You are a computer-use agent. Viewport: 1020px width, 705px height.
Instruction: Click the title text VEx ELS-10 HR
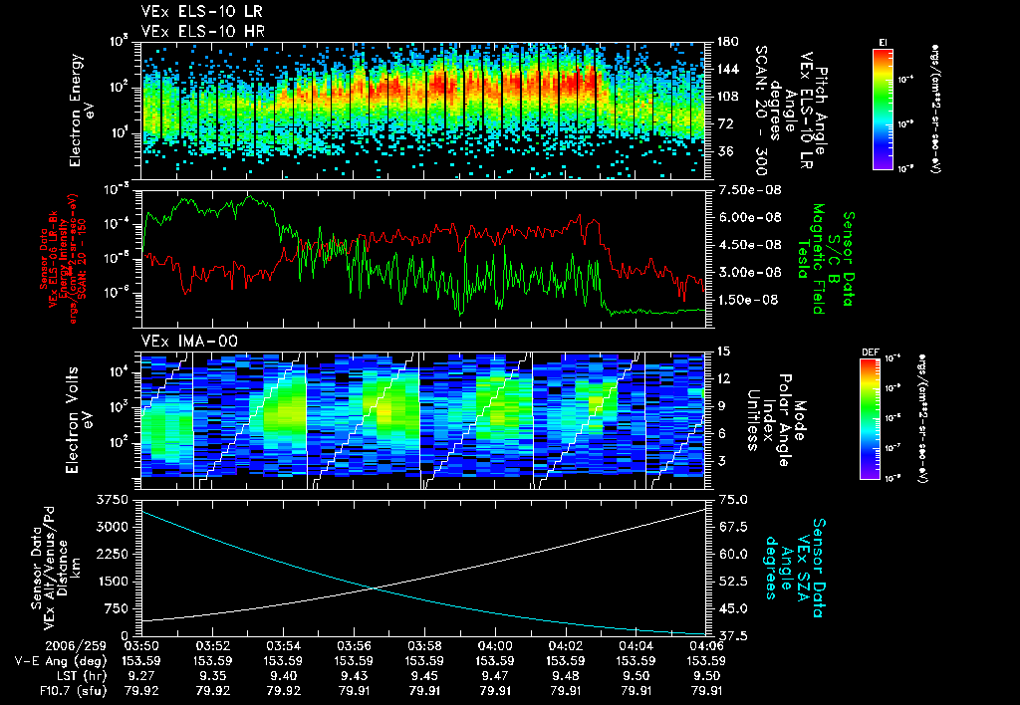click(x=193, y=31)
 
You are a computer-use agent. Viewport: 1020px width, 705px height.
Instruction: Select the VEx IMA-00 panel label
click(x=181, y=341)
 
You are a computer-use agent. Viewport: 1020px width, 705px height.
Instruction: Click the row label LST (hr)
click(x=46, y=674)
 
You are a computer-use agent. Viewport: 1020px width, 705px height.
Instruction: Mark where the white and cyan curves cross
click(x=374, y=587)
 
